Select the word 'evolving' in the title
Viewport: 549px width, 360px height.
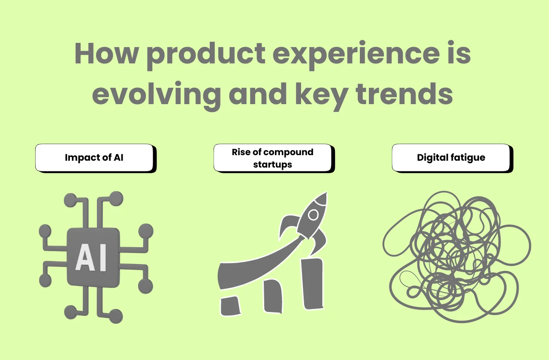[x=156, y=95]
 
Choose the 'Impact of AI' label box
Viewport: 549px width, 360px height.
[x=94, y=158]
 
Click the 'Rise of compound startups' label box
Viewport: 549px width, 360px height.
[x=272, y=158]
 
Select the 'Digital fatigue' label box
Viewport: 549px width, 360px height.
[x=451, y=158]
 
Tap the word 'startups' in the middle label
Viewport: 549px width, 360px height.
[x=272, y=164]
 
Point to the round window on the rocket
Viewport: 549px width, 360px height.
[x=314, y=214]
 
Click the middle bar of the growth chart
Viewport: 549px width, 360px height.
[x=273, y=295]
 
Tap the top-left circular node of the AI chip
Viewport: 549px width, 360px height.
[x=69, y=199]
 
